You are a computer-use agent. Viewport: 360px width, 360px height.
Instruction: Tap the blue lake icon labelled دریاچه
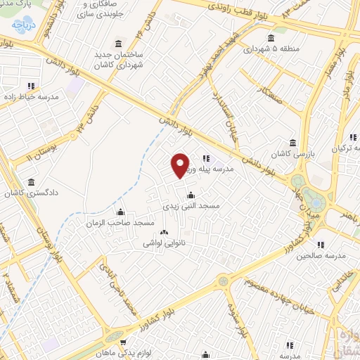pos(15,26)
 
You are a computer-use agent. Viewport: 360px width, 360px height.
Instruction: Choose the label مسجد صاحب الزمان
pos(124,222)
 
